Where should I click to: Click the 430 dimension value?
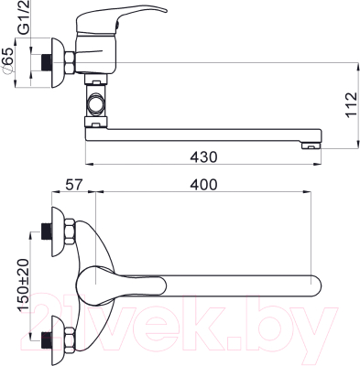pos(203,157)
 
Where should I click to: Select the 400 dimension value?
pos(203,185)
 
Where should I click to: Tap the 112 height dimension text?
pos(351,104)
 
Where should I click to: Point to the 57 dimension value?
pos(74,185)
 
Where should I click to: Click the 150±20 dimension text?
pos(24,285)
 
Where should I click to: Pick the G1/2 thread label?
pos(24,17)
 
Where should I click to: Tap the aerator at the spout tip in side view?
pos(311,146)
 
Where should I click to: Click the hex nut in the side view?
pos(70,63)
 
